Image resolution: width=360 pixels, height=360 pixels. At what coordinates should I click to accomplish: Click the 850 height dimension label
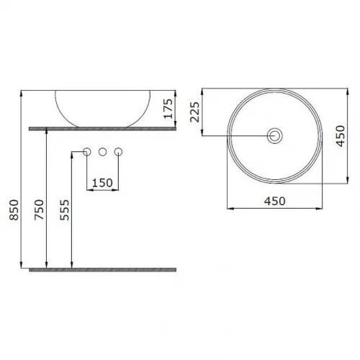(14, 210)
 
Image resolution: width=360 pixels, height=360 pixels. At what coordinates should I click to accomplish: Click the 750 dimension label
(40, 210)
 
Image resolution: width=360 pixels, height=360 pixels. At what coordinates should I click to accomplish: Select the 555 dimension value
(65, 210)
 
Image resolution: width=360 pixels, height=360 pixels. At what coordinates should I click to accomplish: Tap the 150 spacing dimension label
(102, 183)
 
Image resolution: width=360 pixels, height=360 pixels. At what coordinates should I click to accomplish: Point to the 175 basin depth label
(168, 109)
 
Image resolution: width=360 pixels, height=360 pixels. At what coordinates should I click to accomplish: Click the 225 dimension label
(194, 112)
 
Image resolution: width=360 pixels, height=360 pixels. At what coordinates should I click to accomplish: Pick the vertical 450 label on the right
(341, 135)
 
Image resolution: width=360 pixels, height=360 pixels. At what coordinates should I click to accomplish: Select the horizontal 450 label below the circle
(275, 201)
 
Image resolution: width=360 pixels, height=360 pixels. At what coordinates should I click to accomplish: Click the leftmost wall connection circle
(86, 152)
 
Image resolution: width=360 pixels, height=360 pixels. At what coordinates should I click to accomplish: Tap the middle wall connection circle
(102, 152)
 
